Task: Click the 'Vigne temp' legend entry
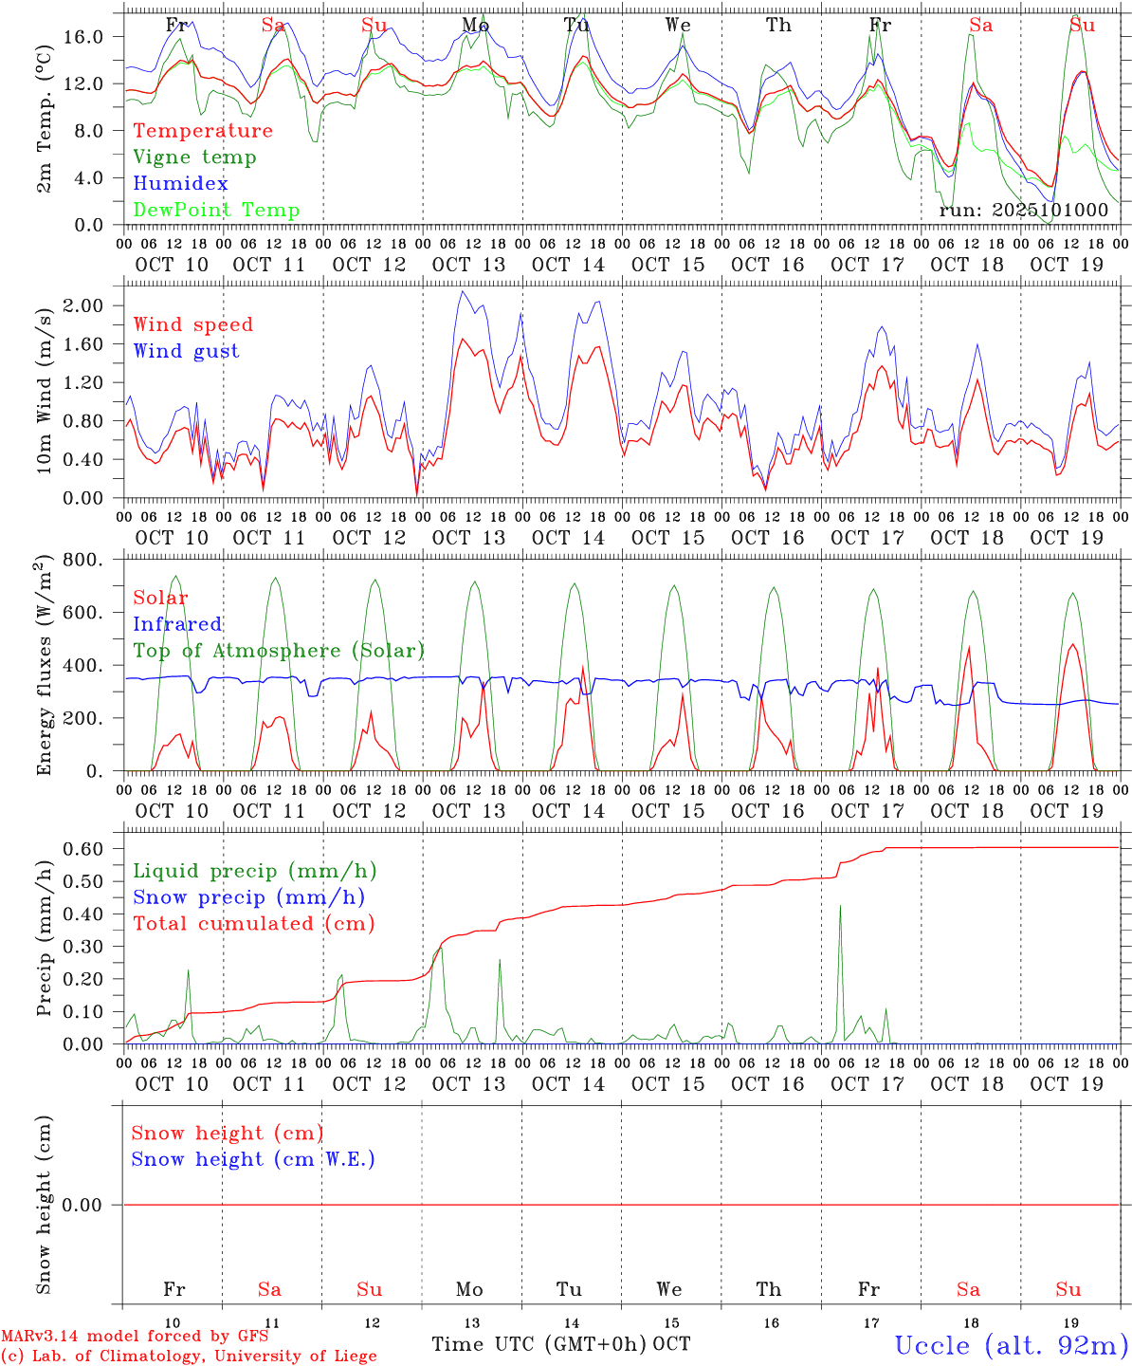[x=194, y=157]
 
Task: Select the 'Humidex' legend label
[x=180, y=184]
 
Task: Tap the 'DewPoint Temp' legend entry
[x=216, y=211]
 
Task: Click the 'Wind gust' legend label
[x=186, y=351]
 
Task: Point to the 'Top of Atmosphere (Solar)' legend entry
[x=278, y=651]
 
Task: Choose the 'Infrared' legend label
[x=177, y=624]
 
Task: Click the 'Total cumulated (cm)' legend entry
[x=253, y=923]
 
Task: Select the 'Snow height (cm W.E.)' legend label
[x=253, y=1159]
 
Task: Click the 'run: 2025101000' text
[x=1023, y=211]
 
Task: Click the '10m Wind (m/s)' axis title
[x=44, y=389]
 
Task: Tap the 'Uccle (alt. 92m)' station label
[x=1012, y=1345]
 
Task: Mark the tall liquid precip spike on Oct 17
[x=840, y=908]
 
